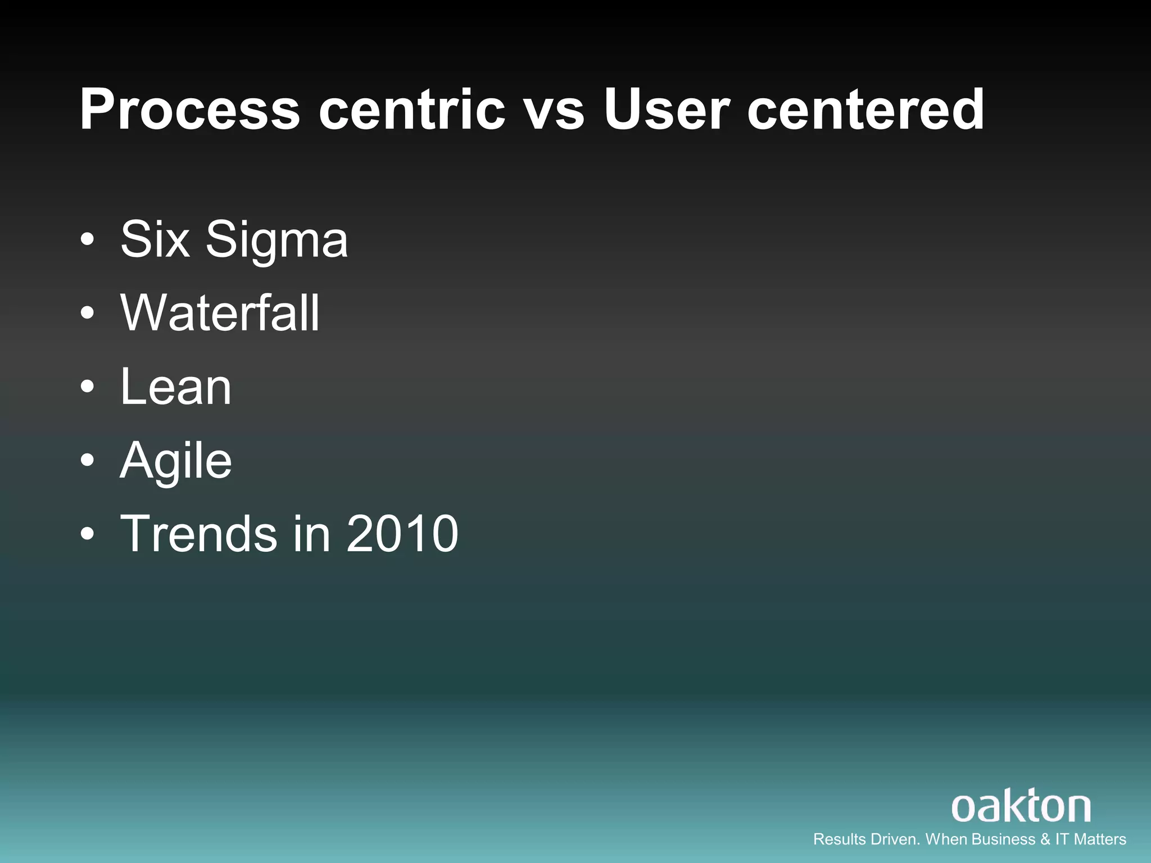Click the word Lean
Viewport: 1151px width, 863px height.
[x=175, y=387]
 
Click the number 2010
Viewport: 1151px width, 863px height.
[x=402, y=533]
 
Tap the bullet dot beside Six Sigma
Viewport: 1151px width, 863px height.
[x=87, y=240]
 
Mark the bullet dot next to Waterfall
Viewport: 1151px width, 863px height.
[x=87, y=313]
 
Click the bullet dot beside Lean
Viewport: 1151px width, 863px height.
[x=87, y=387]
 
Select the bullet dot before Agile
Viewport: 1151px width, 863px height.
[x=87, y=460]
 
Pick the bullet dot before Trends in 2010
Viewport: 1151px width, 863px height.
[x=87, y=534]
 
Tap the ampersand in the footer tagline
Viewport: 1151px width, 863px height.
[x=1045, y=839]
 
